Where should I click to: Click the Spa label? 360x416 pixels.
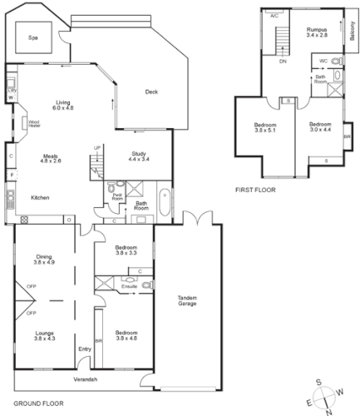(x=33, y=38)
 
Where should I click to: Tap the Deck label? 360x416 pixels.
(x=151, y=92)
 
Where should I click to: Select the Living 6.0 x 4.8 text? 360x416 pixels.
(x=64, y=104)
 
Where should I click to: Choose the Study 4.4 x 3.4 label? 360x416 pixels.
(x=140, y=157)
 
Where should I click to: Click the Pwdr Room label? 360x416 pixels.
(x=116, y=197)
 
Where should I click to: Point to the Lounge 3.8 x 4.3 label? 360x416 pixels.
(x=44, y=335)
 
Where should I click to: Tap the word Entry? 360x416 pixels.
(x=83, y=349)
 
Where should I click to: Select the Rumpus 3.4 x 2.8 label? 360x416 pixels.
(x=317, y=32)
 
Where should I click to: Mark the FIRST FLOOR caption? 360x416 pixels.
(x=256, y=191)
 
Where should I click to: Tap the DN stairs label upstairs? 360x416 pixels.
(x=283, y=62)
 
